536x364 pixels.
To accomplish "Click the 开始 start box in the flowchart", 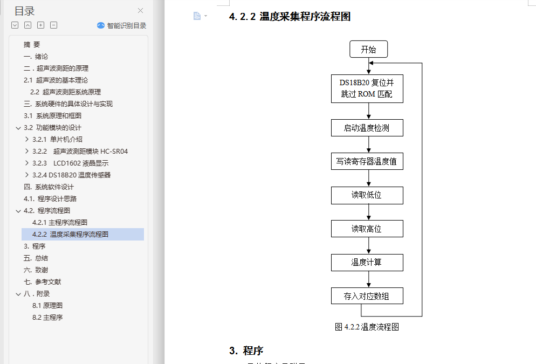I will tap(368, 50).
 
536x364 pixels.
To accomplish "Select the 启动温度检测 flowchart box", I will tap(367, 128).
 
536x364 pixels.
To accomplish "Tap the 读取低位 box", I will tap(367, 195).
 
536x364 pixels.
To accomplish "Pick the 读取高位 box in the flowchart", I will tap(367, 229).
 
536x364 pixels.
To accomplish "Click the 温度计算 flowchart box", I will tap(367, 263).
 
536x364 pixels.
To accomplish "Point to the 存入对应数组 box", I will tap(367, 296).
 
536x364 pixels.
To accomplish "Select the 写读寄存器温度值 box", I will tap(367, 161).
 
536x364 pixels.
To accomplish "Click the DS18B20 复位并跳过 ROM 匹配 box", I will tap(367, 88).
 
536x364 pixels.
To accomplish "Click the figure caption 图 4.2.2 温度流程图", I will tap(367, 327).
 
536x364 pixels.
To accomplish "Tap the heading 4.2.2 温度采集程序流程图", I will tap(290, 17).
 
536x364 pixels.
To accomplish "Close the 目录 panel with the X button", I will tap(141, 11).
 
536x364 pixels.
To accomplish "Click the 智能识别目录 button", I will tap(121, 25).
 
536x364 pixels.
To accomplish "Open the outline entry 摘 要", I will tap(32, 45).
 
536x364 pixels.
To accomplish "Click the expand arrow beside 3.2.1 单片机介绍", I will tap(27, 140).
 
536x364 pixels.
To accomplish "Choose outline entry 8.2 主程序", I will tap(47, 318).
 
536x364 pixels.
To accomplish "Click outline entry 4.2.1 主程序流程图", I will tap(60, 223).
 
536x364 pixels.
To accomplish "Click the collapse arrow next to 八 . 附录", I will tap(18, 294).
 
